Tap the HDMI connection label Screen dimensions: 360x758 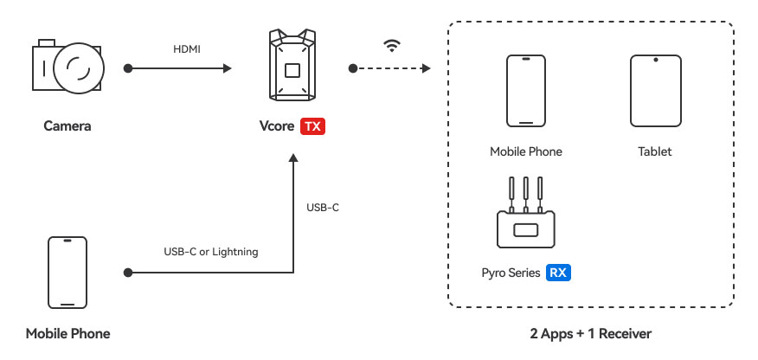[x=186, y=49]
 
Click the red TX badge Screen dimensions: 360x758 [x=312, y=126]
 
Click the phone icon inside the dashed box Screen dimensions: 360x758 [x=525, y=92]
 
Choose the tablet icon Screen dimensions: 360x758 [x=655, y=92]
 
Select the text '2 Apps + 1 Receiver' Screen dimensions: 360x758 [x=591, y=333]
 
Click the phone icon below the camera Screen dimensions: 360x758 [x=67, y=273]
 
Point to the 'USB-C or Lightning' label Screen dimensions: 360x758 [x=211, y=252]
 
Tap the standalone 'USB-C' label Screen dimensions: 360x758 [x=323, y=208]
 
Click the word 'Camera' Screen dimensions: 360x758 [x=67, y=126]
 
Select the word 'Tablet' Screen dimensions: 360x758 [x=655, y=151]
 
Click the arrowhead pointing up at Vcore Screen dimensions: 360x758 [x=292, y=159]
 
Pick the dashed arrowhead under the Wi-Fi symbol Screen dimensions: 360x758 [x=424, y=67]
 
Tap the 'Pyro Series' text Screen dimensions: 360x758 [x=511, y=273]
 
